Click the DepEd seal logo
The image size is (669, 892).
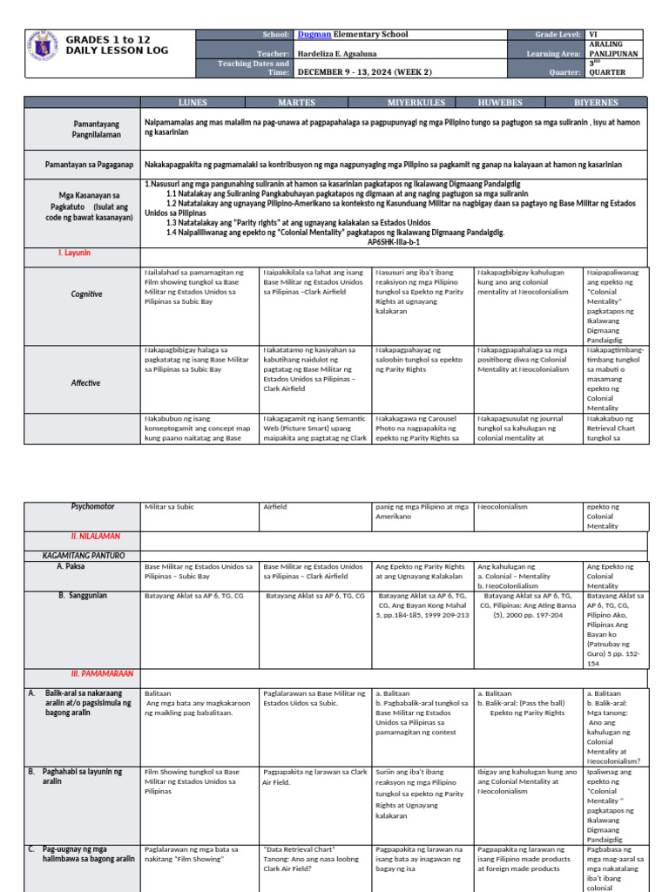[x=42, y=48]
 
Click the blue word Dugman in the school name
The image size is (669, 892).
[x=315, y=34]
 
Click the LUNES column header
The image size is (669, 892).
[x=193, y=102]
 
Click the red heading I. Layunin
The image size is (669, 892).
[x=75, y=253]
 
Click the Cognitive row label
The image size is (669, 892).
[x=86, y=294]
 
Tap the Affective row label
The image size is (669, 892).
[x=86, y=382]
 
